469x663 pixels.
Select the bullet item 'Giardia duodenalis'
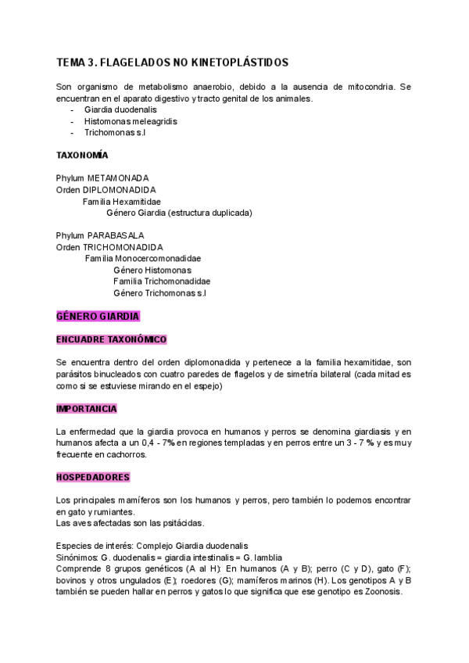[120, 110]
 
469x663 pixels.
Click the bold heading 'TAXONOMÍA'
[82, 156]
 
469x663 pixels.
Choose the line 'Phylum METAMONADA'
[102, 178]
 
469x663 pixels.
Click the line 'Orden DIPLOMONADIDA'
[106, 189]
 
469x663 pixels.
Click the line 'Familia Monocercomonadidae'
[142, 258]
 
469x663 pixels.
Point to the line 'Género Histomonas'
[152, 270]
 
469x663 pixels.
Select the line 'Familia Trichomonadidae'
[161, 281]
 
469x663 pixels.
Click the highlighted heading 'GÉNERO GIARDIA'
[98, 317]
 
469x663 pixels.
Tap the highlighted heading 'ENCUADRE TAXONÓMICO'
[112, 340]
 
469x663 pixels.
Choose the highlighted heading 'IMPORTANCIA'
[87, 409]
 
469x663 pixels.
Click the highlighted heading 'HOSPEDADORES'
[93, 477]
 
